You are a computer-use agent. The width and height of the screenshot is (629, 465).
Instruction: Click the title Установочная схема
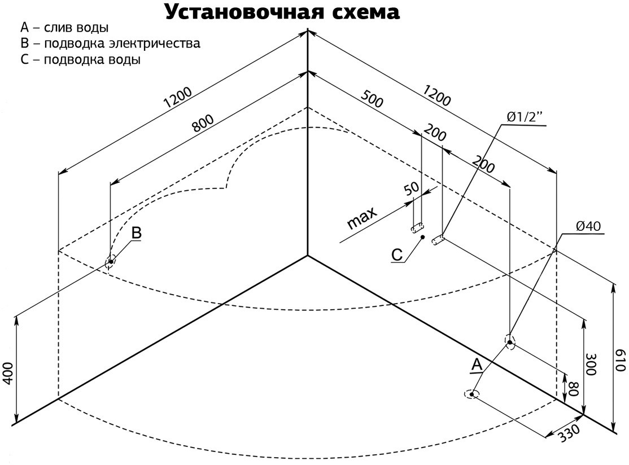(282, 12)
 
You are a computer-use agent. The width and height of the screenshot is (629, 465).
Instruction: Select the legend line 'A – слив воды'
(64, 28)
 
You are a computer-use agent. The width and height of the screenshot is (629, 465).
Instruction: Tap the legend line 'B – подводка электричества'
(110, 43)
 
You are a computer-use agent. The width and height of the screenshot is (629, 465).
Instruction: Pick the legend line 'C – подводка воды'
(80, 60)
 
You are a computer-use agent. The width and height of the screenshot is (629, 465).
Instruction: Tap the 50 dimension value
(411, 189)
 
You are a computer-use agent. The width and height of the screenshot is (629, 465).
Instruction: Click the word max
(361, 218)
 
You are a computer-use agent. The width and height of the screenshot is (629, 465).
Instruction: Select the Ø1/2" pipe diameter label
(523, 117)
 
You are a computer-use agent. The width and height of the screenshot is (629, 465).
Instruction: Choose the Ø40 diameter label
(588, 227)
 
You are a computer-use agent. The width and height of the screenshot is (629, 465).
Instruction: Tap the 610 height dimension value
(621, 359)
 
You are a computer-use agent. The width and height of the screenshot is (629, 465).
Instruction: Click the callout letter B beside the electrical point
(136, 232)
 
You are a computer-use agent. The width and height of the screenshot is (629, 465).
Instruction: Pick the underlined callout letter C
(398, 255)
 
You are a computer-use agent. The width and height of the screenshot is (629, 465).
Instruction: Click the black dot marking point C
(422, 238)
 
